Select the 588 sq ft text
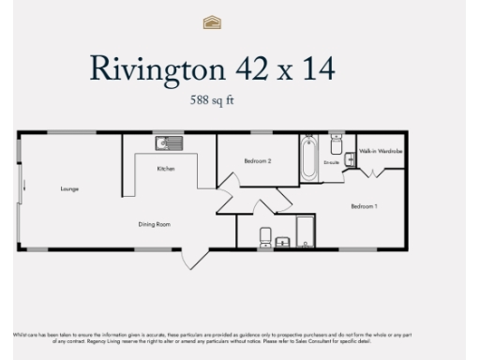click(x=205, y=98)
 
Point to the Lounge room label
click(x=69, y=189)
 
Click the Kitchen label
click(x=165, y=169)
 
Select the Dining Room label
click(x=156, y=224)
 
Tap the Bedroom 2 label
click(x=257, y=161)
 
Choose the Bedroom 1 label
click(x=364, y=205)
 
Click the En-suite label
click(x=331, y=162)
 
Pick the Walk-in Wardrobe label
click(x=378, y=150)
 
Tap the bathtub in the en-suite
click(x=307, y=157)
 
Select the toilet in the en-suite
click(x=336, y=144)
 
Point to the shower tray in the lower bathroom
click(x=306, y=232)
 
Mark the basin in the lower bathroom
click(x=283, y=242)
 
